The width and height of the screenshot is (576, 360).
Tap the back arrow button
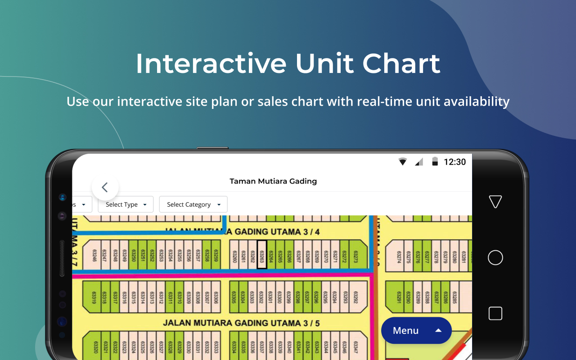105,187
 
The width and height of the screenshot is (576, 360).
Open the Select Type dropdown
126,204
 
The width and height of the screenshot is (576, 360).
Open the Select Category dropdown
193,204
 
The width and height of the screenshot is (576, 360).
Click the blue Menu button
416,331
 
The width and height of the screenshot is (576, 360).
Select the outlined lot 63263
262,255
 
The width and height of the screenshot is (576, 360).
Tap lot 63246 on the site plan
94,255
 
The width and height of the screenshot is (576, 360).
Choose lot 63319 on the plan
94,297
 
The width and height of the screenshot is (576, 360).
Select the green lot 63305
234,297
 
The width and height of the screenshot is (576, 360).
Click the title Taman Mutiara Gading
273,181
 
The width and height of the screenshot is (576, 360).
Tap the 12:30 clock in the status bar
454,162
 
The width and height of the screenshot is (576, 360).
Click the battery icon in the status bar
435,162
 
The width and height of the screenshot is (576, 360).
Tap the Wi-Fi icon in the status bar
403,162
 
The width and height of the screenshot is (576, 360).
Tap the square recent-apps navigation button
495,313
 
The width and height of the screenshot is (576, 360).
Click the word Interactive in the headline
211,63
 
